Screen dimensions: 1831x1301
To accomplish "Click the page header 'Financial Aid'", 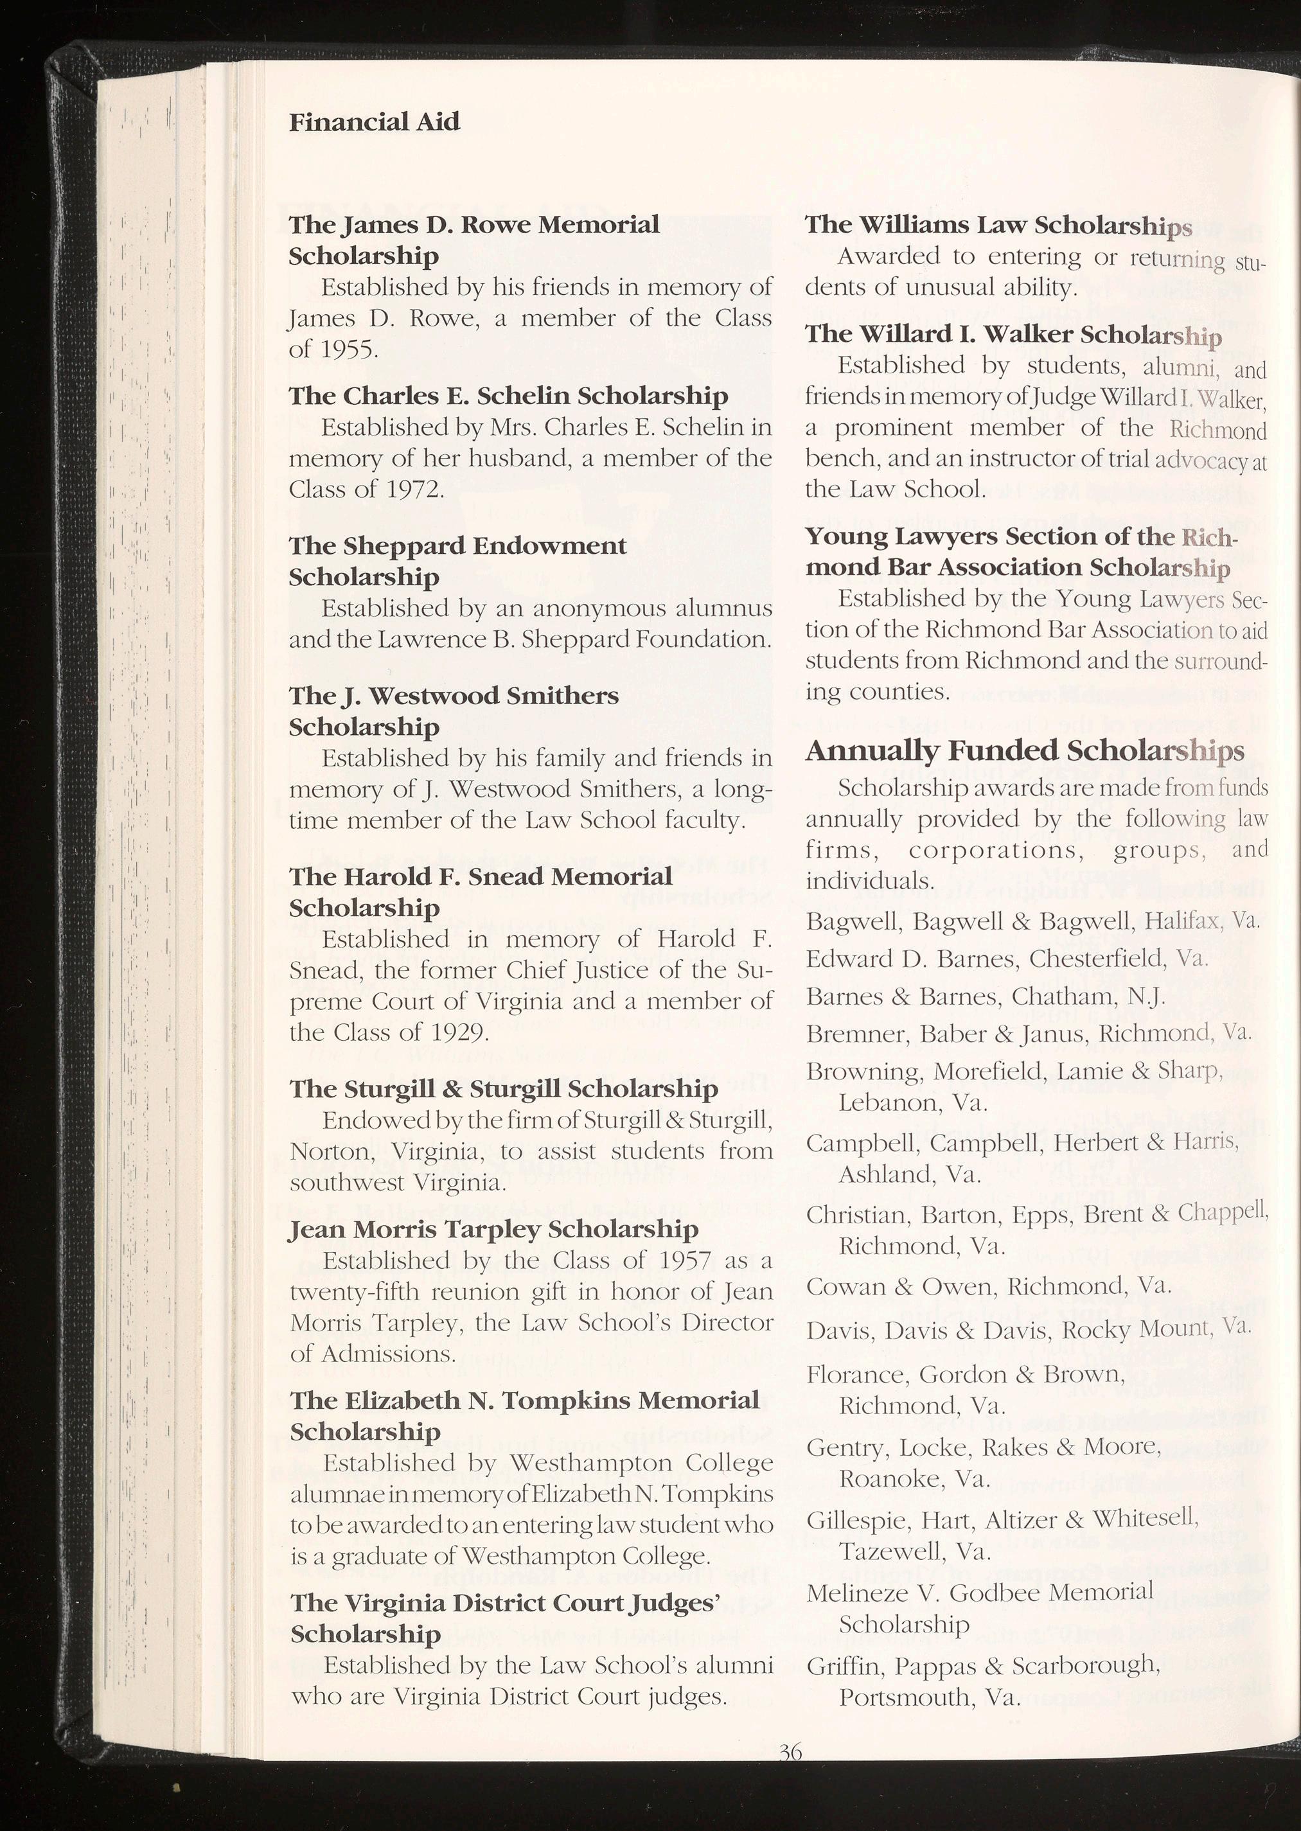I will point(374,122).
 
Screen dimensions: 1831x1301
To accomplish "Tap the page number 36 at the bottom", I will point(790,1774).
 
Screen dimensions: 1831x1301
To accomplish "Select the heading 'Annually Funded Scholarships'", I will point(1025,750).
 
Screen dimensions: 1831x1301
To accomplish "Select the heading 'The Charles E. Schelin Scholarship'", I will point(509,396).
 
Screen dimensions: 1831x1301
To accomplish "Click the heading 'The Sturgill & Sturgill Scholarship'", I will point(504,1088).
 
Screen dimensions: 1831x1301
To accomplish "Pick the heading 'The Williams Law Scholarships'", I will point(998,225).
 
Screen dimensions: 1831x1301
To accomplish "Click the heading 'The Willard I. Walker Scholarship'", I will point(1013,334).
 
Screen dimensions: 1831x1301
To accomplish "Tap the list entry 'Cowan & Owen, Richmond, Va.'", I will point(989,1286).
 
